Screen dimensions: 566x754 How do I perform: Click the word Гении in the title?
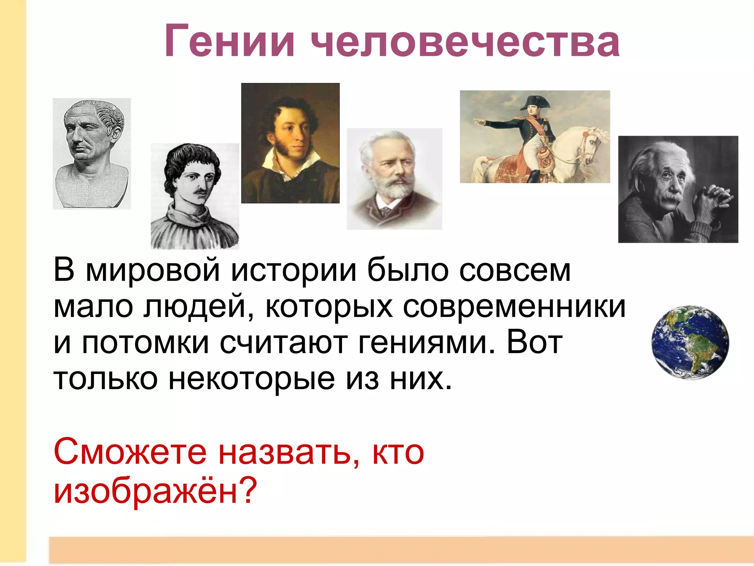[229, 41]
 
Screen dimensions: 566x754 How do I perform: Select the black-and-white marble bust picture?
[92, 153]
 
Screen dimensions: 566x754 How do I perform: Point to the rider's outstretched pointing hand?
[477, 121]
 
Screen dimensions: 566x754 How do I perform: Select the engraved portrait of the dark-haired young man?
[195, 196]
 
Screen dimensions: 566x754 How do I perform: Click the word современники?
[514, 307]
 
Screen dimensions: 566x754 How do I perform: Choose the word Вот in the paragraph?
[535, 343]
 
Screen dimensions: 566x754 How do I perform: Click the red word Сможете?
[130, 452]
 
